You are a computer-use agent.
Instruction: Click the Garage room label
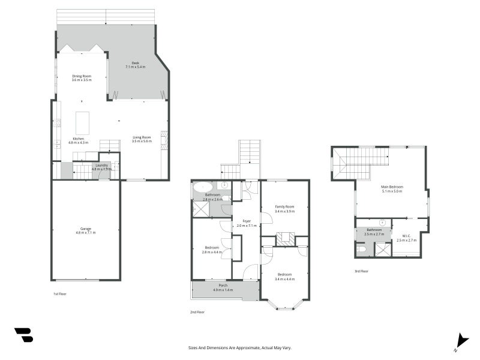[86, 229]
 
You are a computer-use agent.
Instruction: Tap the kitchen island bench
[82, 122]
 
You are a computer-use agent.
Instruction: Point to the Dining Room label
[82, 76]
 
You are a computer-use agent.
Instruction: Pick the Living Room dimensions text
[142, 141]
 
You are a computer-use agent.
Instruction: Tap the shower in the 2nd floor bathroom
[199, 208]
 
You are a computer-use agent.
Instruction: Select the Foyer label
[246, 221]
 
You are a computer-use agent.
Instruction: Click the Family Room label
[284, 206]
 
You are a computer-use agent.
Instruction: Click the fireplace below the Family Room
[285, 239]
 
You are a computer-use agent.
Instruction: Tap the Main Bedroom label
[392, 187]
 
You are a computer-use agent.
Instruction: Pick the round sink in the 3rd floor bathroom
[382, 221]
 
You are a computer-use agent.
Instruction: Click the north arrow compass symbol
[460, 340]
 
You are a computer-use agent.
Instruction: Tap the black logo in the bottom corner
[23, 335]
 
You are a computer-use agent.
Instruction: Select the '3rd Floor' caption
[361, 271]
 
